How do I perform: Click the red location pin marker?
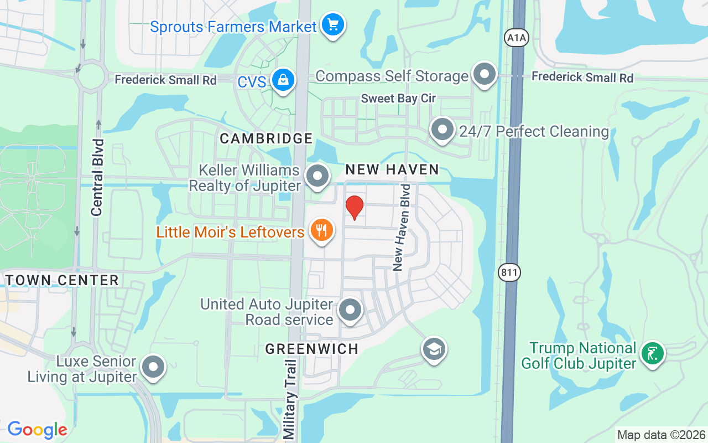click(x=355, y=208)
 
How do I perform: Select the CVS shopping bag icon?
click(x=283, y=81)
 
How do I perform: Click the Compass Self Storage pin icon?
click(x=485, y=74)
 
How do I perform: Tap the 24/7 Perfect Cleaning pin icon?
click(x=442, y=130)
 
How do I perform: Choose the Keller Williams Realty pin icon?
click(x=317, y=177)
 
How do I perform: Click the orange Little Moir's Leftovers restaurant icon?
click(x=321, y=230)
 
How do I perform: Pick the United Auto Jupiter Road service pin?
click(x=350, y=311)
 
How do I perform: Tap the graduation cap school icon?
click(x=434, y=349)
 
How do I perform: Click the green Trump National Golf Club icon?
click(x=653, y=353)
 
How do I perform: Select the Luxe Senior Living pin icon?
click(x=153, y=368)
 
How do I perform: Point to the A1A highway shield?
click(x=517, y=38)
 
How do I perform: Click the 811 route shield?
click(x=509, y=272)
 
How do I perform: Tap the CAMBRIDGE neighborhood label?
click(x=266, y=138)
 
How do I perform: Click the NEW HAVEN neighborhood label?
click(x=392, y=169)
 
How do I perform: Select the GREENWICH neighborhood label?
click(x=312, y=349)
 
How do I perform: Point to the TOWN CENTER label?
click(x=62, y=280)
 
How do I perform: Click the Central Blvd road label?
click(x=97, y=177)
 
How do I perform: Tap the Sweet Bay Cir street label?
click(x=398, y=99)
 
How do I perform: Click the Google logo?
click(x=37, y=430)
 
